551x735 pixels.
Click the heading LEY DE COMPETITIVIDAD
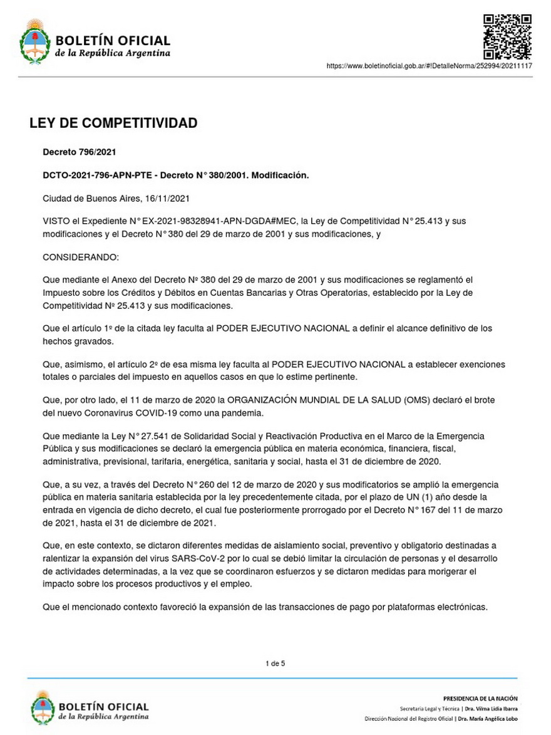point(113,123)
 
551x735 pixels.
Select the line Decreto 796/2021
point(79,152)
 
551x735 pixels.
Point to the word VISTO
point(56,222)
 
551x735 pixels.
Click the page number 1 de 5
point(275,663)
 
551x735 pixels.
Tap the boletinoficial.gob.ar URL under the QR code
point(429,66)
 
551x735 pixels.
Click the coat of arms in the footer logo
point(43,706)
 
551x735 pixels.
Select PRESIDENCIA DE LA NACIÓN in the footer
point(480,698)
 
